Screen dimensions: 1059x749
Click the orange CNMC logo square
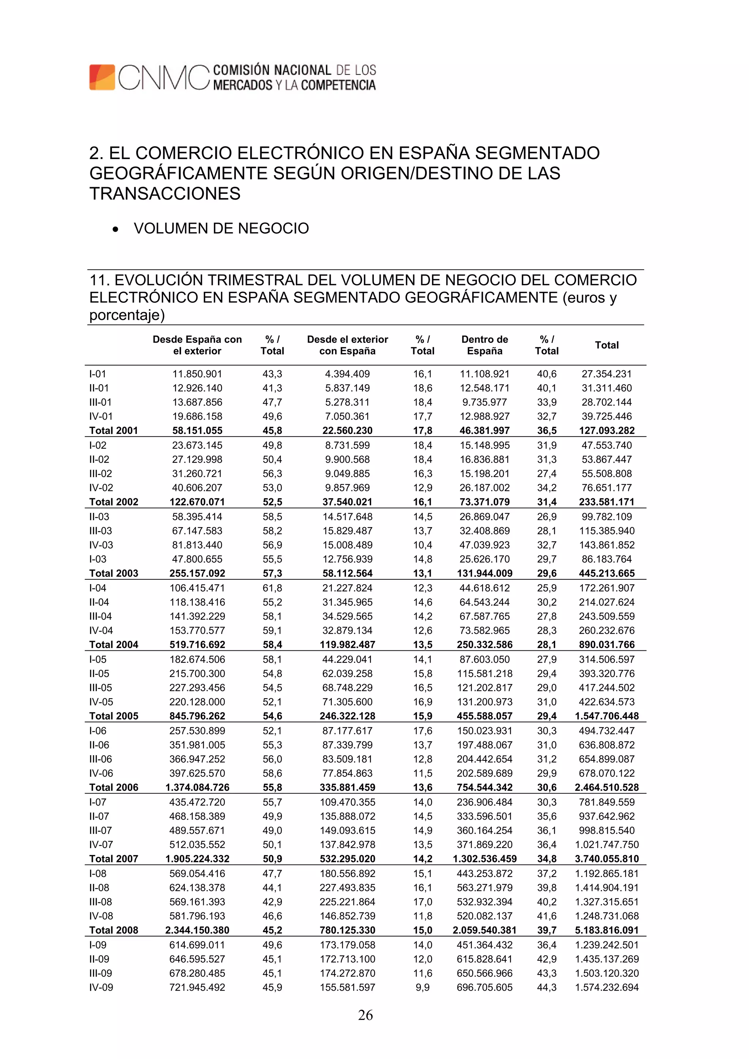102,77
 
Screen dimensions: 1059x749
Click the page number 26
365,1015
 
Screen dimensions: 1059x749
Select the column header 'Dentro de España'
485,345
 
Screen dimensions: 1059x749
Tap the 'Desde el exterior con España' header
347,345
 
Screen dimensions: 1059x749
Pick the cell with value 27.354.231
606,374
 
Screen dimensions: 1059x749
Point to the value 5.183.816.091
606,930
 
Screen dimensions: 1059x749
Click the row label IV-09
101,987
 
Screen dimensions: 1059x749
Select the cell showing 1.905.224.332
197,858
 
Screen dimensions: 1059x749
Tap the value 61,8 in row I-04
272,588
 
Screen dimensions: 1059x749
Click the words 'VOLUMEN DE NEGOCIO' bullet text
221,228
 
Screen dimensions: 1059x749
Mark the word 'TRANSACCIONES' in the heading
165,194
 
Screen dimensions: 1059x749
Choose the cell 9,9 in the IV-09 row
422,987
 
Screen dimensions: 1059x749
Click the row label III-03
101,531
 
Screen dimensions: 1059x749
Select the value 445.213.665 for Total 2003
606,573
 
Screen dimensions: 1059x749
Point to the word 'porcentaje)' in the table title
127,315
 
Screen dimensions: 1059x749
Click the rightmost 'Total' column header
606,345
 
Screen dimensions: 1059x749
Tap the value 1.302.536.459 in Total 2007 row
485,858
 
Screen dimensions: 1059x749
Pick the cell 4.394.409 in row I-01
347,374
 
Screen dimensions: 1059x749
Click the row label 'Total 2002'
113,502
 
